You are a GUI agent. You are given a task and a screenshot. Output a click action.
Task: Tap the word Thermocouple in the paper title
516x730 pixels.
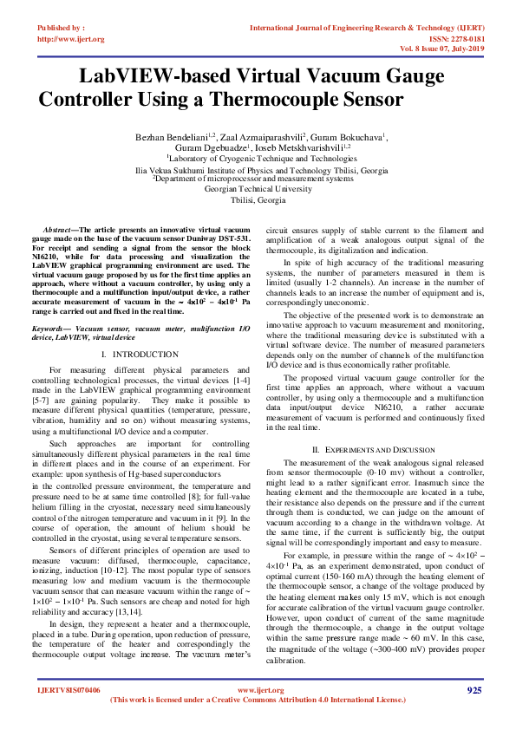[x=292, y=99]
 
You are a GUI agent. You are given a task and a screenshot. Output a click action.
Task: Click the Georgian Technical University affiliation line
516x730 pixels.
[x=258, y=187]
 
